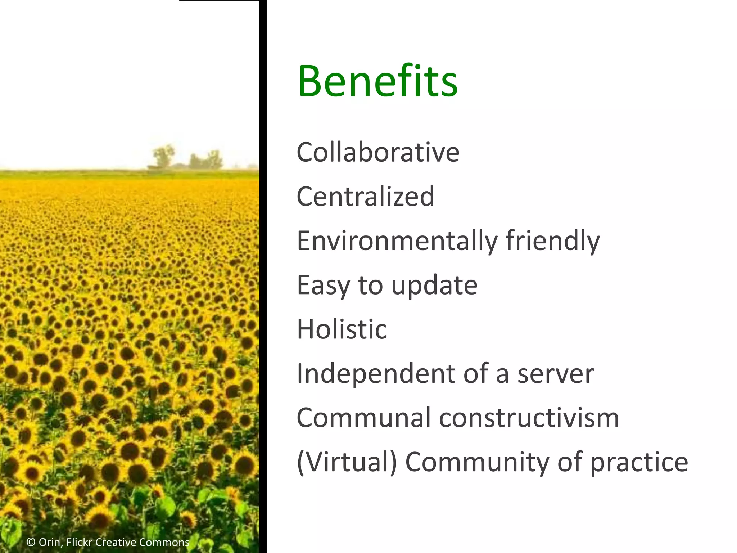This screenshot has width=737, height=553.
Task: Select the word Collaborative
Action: pyautogui.click(x=378, y=152)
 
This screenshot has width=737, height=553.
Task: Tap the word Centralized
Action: pyautogui.click(x=365, y=197)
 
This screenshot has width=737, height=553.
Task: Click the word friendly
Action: pyautogui.click(x=552, y=241)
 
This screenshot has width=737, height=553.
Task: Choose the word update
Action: pyautogui.click(x=434, y=286)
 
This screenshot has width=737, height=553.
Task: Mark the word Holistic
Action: pyautogui.click(x=342, y=329)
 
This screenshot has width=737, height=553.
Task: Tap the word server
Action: pyautogui.click(x=556, y=374)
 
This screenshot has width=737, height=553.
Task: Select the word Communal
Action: pyautogui.click(x=363, y=418)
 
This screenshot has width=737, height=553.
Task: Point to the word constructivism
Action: pyautogui.click(x=529, y=418)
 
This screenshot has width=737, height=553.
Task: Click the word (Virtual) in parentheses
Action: pyautogui.click(x=347, y=462)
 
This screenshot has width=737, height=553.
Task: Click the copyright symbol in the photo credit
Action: pyautogui.click(x=31, y=542)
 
